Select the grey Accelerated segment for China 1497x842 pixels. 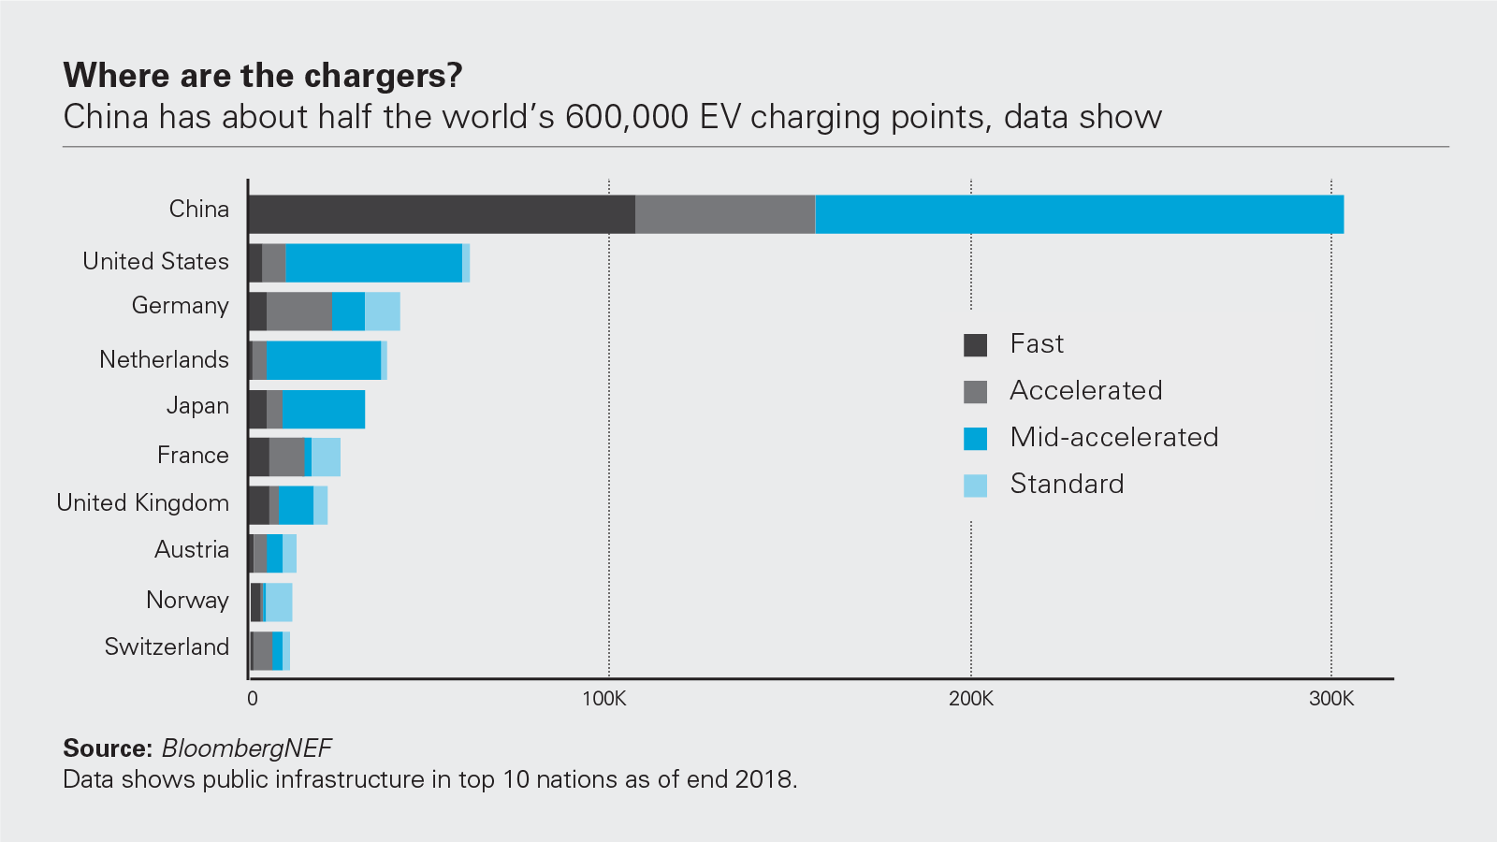tap(725, 214)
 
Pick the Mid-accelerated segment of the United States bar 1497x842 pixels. tap(373, 263)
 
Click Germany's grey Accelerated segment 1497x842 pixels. tap(299, 312)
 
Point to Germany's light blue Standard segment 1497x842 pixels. tap(383, 312)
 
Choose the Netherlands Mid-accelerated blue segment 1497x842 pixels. tap(324, 360)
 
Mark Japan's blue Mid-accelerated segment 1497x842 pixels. tap(324, 409)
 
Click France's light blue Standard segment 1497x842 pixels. tap(326, 457)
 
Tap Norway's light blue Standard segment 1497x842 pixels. tap(279, 602)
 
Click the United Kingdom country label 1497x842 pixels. tap(142, 502)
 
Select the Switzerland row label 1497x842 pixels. tap(167, 646)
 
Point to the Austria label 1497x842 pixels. tap(192, 549)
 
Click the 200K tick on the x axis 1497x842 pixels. tap(971, 699)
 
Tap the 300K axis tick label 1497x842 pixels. tap(1331, 699)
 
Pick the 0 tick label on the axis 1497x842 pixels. tap(253, 699)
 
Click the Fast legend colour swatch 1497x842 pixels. tap(976, 345)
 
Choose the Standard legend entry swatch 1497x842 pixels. tap(976, 486)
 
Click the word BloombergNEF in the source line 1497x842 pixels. tap(246, 748)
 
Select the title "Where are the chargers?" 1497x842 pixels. tap(263, 76)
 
